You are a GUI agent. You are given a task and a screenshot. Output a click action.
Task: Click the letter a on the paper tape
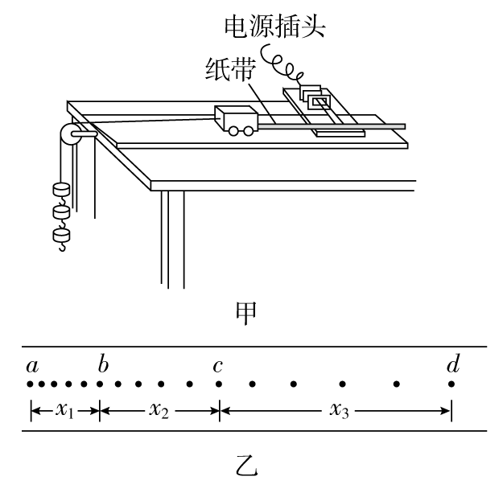[32, 367]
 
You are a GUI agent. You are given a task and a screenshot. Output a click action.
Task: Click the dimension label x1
[64, 410]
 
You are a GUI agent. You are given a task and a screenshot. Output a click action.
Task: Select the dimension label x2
[159, 410]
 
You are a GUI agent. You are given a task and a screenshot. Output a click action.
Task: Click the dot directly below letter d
[451, 384]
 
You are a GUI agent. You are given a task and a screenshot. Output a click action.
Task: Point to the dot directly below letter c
[219, 384]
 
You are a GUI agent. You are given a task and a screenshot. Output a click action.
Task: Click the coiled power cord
[282, 65]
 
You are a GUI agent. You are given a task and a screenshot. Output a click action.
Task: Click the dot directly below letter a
[31, 384]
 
